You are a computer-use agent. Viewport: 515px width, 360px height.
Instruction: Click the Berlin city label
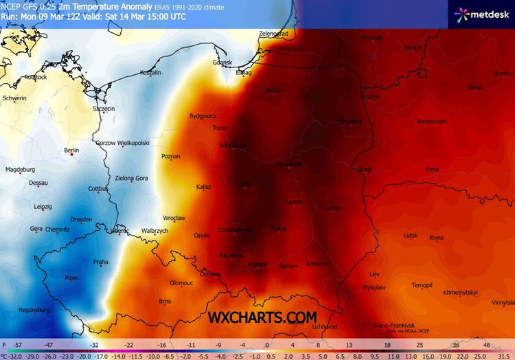point(71,150)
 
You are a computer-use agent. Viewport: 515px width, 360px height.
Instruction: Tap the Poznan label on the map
point(170,157)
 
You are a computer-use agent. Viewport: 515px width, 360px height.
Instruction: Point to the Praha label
point(101,262)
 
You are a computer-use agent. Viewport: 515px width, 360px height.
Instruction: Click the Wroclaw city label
point(174,218)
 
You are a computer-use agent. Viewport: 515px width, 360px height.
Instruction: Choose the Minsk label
point(474,87)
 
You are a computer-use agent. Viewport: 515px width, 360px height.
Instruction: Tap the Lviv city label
point(374,273)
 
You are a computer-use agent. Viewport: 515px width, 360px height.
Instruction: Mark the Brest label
point(365,169)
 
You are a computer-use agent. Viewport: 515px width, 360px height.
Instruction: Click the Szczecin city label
point(104,109)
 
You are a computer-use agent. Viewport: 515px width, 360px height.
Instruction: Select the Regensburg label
point(34,310)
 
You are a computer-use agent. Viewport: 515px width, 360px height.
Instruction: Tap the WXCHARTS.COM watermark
point(263,317)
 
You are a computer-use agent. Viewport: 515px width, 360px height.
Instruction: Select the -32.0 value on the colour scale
point(12,356)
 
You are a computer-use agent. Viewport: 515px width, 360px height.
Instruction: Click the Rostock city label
point(35,78)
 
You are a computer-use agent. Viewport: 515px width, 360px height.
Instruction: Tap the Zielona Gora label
point(131,178)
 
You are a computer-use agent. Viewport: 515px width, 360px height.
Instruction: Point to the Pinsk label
point(432,169)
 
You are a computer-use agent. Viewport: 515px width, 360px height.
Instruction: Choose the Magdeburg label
point(20,169)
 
